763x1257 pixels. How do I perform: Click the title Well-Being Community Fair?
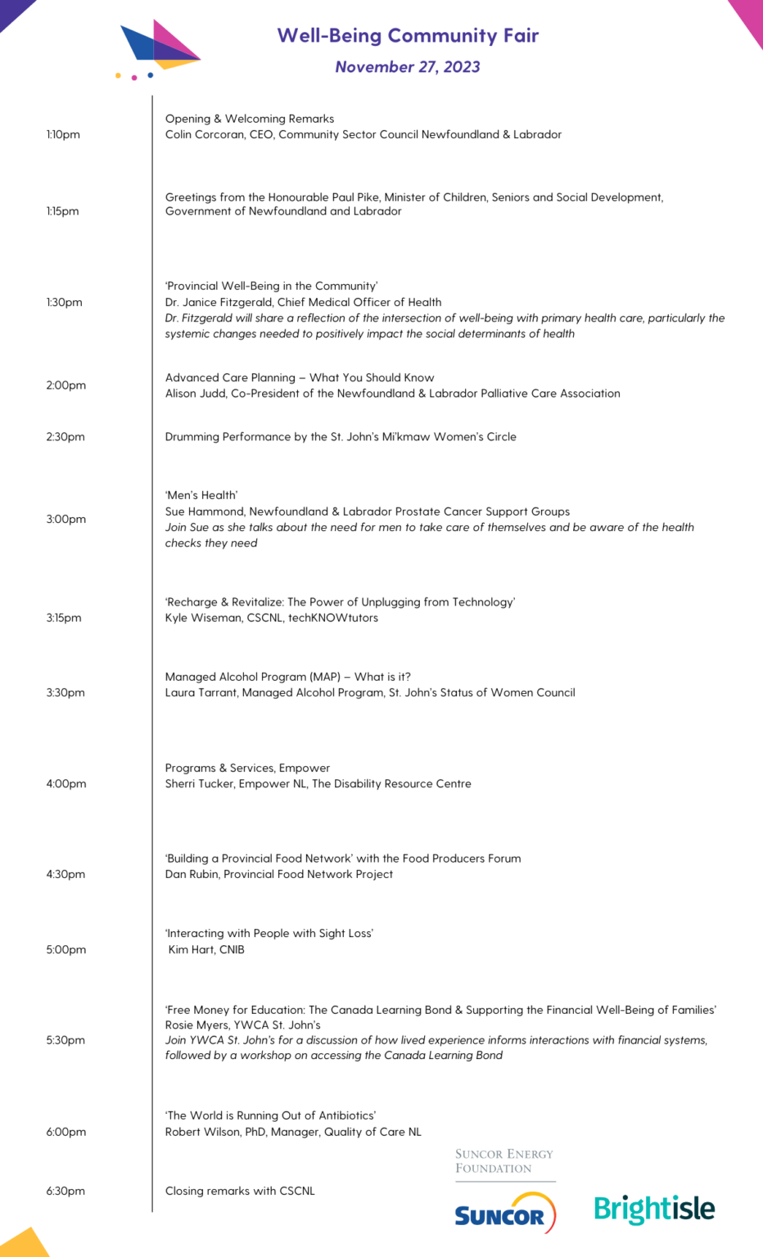(408, 36)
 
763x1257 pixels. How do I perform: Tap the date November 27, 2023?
(408, 67)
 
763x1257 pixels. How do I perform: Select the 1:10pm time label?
(63, 135)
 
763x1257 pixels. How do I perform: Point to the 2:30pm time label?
(65, 437)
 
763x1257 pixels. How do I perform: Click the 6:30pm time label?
(65, 1192)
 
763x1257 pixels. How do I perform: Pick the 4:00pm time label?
(65, 784)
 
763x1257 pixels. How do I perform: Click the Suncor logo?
(504, 1214)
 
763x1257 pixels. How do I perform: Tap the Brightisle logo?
(654, 1209)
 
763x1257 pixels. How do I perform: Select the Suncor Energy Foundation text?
(503, 1161)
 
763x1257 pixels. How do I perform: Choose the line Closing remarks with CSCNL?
(240, 1192)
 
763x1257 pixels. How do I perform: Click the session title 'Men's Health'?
(201, 496)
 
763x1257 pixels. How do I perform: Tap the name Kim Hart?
(191, 950)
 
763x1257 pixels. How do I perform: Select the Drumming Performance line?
(341, 437)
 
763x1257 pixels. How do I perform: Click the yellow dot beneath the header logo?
(119, 76)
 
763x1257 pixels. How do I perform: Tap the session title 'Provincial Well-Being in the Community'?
(271, 286)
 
